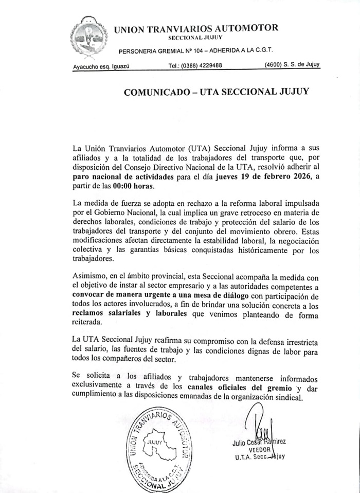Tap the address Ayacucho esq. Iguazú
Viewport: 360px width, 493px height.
pyautogui.click(x=100, y=66)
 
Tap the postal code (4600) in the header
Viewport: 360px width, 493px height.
pyautogui.click(x=273, y=65)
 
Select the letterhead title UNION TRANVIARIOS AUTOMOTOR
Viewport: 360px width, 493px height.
pyautogui.click(x=196, y=29)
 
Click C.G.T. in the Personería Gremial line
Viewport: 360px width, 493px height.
pyautogui.click(x=261, y=50)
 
